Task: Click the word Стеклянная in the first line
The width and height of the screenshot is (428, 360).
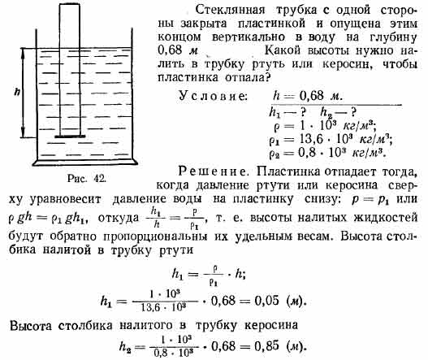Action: coord(230,10)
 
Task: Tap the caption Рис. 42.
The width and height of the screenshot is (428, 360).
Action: coord(87,178)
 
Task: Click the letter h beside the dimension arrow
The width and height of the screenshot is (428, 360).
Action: coord(17,92)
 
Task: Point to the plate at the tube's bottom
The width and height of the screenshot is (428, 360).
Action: coord(70,137)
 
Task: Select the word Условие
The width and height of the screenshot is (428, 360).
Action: coord(213,96)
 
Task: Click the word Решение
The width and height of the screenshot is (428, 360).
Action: coord(213,171)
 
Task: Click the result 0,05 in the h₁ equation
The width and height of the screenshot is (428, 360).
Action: coord(266,301)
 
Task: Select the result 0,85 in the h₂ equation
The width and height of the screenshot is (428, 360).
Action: coord(266,346)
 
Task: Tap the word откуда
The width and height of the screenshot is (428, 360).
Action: coord(119,219)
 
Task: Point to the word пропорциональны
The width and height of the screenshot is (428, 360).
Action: coord(155,236)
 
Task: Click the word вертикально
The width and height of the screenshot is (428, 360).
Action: coord(249,37)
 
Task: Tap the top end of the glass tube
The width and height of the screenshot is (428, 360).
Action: coord(70,4)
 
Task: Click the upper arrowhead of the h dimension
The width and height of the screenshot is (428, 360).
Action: coord(23,51)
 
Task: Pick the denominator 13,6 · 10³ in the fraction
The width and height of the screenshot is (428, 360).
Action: coord(163,307)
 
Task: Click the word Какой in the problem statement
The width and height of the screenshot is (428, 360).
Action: coord(283,50)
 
